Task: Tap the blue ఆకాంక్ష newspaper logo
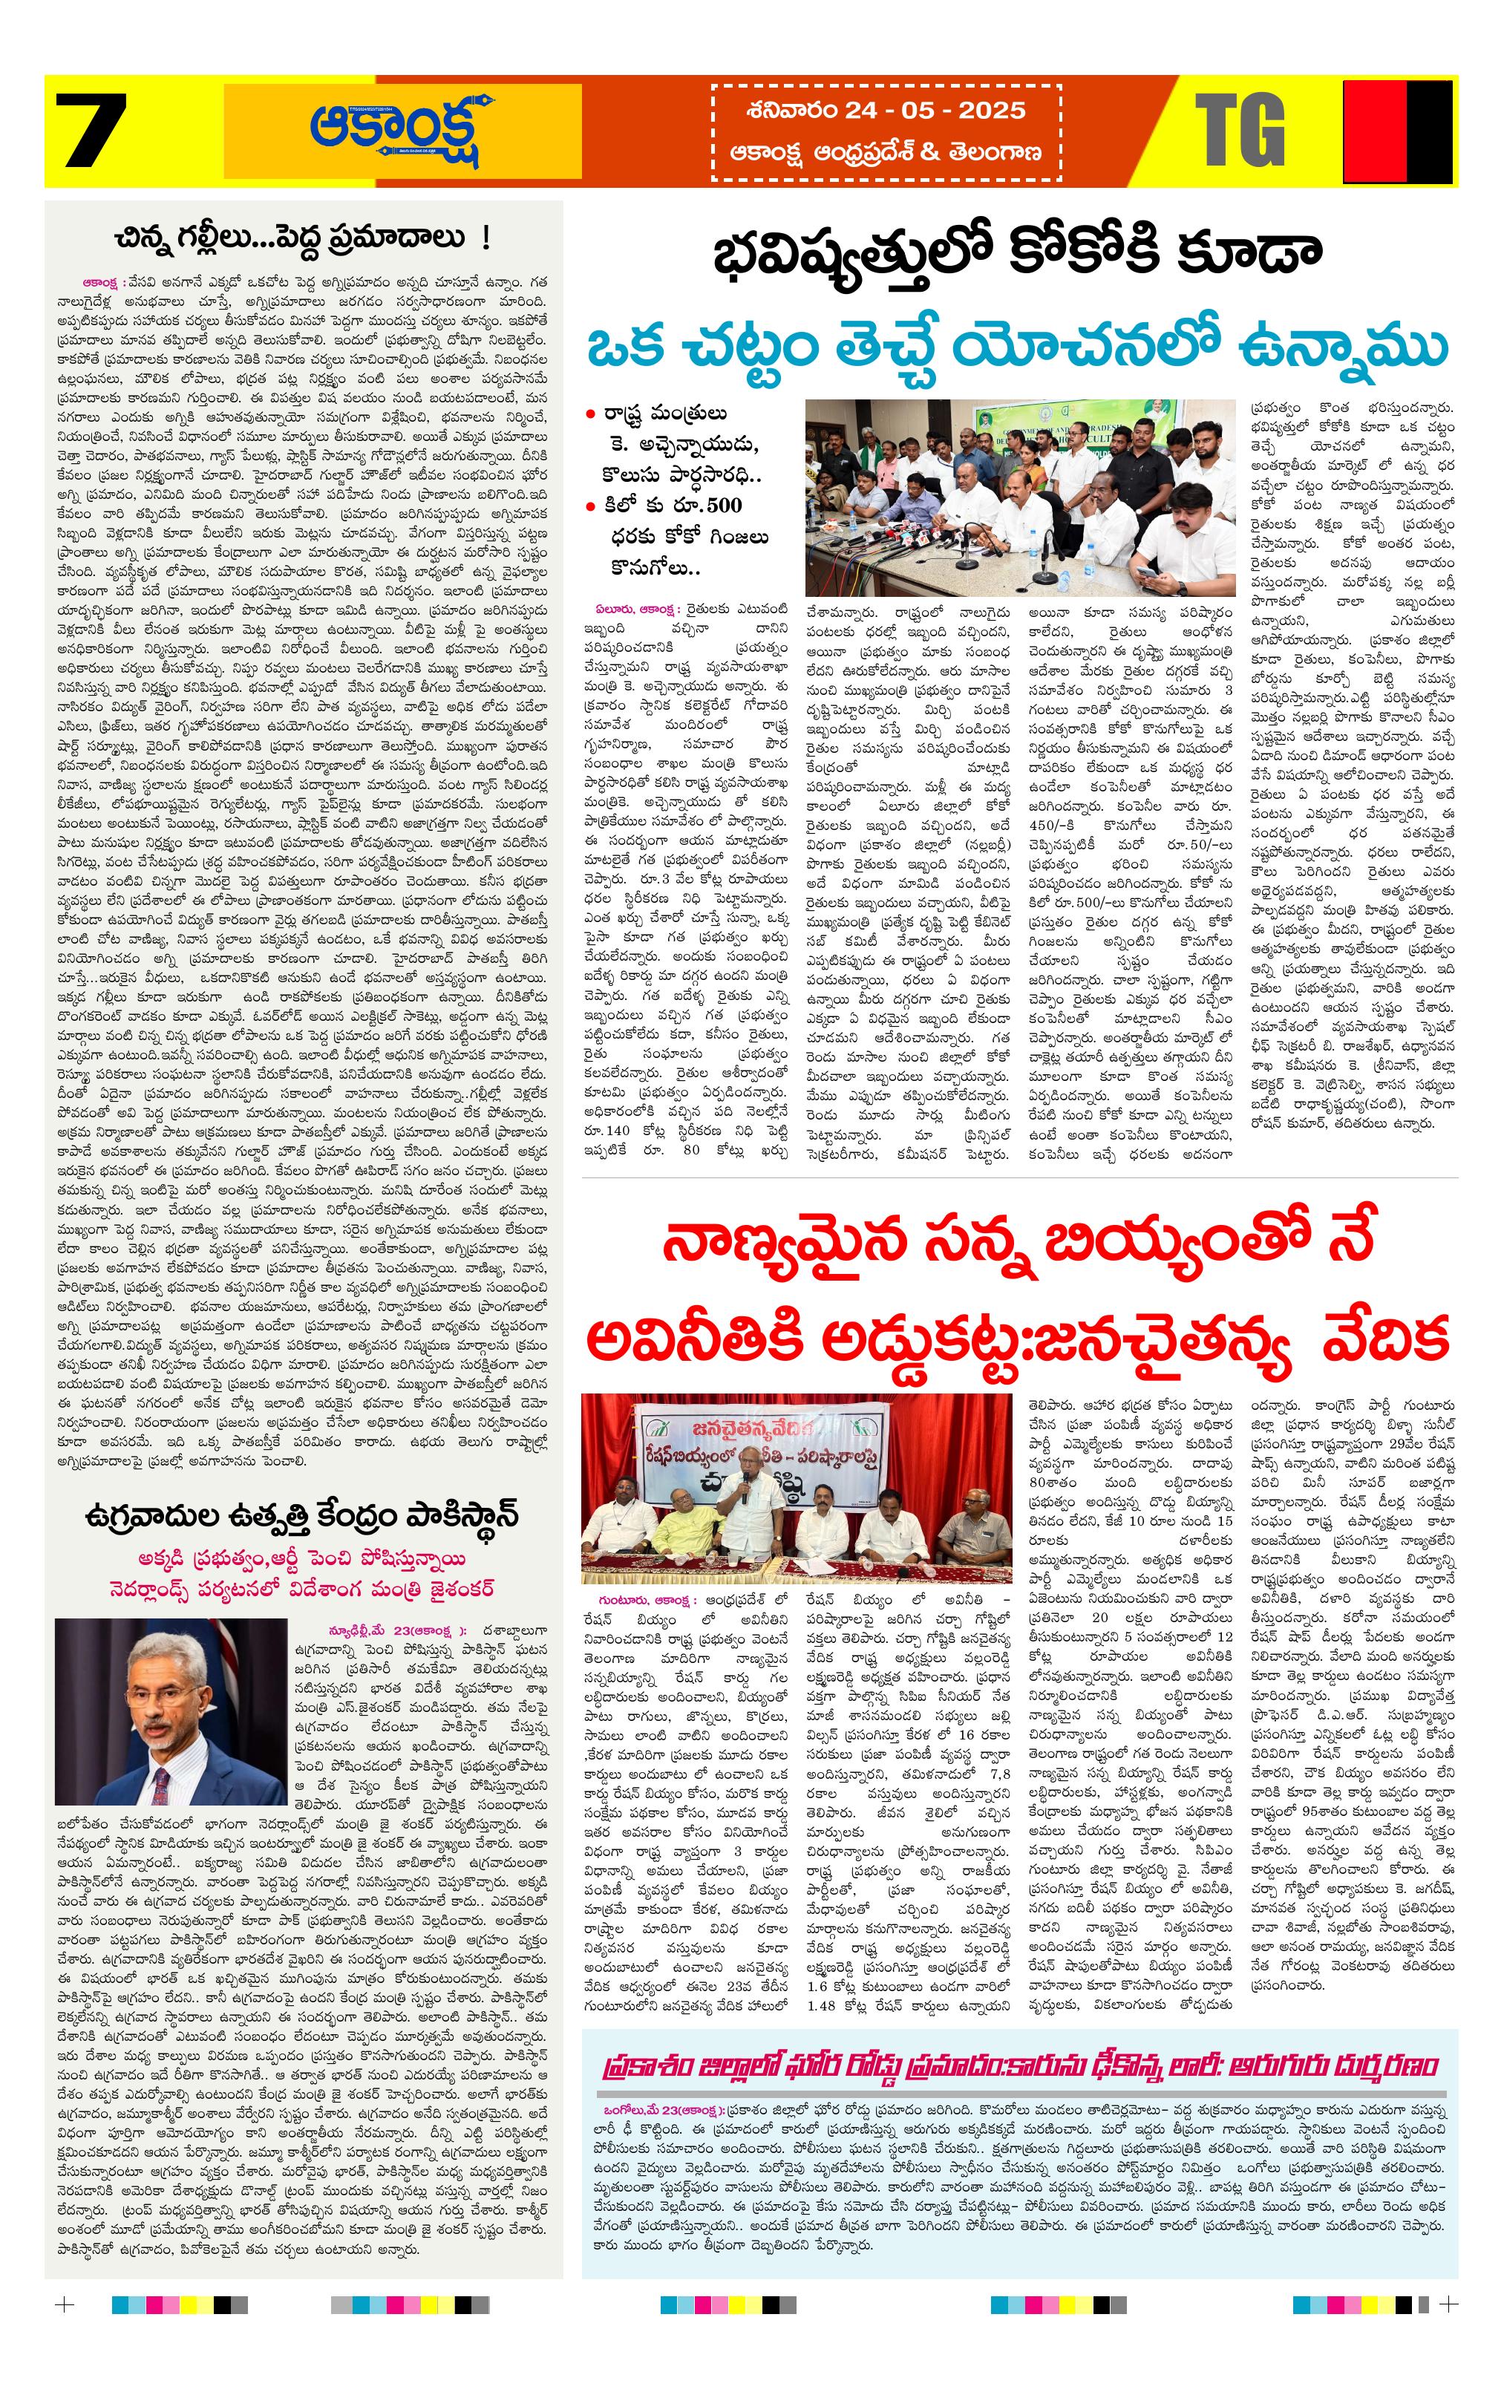(x=404, y=129)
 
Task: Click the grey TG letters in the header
(x=1240, y=129)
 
